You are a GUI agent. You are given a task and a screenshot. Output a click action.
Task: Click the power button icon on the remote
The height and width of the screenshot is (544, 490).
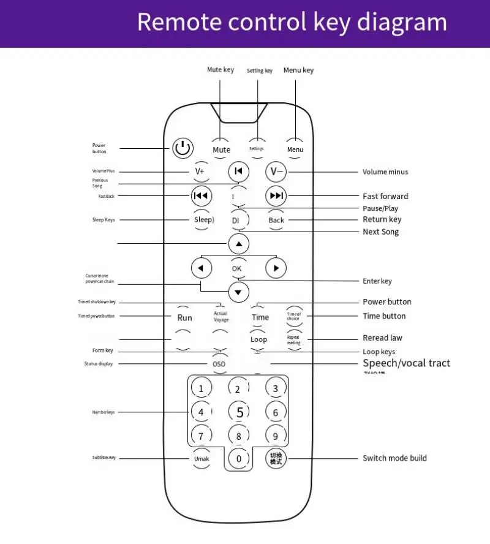coord(183,148)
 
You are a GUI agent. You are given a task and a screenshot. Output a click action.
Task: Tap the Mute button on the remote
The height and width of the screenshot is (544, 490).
coord(222,149)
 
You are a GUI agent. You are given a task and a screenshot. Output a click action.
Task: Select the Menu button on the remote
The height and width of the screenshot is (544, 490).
coord(295,149)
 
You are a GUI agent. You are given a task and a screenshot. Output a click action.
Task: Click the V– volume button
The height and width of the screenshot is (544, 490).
coord(276,172)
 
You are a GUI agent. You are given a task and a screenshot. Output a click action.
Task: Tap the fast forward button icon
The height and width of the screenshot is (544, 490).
coord(276,196)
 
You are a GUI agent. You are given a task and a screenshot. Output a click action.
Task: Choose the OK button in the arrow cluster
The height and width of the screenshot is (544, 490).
coord(237,268)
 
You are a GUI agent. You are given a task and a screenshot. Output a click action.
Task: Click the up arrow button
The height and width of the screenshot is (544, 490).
coord(239,244)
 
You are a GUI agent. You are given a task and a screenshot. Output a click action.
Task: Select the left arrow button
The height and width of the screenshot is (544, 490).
coord(202,268)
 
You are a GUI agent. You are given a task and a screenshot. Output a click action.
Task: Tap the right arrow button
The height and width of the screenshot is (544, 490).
coord(276,268)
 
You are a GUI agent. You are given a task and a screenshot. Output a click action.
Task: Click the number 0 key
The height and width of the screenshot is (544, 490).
coord(239,458)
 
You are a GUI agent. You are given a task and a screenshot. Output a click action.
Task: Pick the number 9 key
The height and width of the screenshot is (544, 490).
coord(276,436)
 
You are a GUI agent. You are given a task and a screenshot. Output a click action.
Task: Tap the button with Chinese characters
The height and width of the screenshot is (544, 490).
coord(276,458)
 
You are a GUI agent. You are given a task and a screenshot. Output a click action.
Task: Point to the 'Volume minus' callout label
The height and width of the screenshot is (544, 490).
coord(385,172)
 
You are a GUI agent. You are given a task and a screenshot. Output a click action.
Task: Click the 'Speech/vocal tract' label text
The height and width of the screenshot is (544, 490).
coord(406,363)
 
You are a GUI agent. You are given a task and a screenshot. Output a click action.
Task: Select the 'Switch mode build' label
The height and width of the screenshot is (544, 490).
coord(394,458)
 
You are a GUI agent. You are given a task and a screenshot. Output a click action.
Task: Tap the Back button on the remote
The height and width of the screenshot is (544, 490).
coord(276,220)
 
